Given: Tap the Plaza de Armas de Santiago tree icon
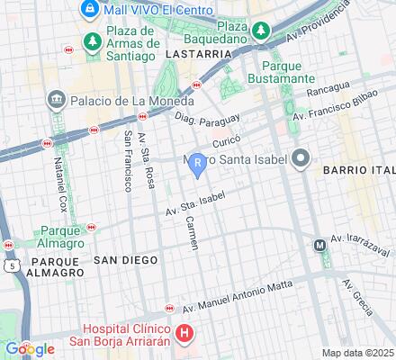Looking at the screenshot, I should coord(93,42).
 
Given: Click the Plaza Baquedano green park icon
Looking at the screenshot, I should coord(260,31).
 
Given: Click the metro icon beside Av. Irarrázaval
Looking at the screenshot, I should coord(319,245).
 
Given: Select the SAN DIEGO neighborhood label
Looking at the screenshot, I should coord(126,259).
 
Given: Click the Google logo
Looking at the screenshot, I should coord(30,348).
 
